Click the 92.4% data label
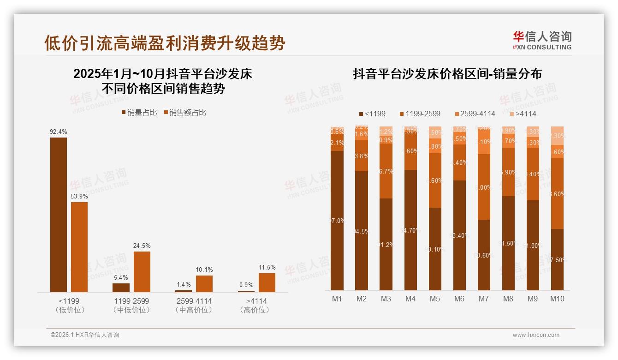click(59, 132)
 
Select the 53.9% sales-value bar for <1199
click(79, 247)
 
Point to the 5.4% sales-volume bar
click(121, 288)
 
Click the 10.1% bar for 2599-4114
click(204, 283)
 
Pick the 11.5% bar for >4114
click(267, 282)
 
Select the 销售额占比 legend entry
click(185, 113)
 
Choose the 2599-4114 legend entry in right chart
click(475, 114)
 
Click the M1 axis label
click(337, 299)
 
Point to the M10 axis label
click(557, 299)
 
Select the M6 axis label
click(459, 299)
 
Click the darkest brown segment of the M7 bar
click(484, 255)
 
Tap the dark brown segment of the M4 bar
click(410, 230)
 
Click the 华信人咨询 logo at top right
click(542, 41)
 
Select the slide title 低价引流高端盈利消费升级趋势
click(165, 43)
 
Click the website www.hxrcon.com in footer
click(536, 335)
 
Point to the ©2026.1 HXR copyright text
click(85, 335)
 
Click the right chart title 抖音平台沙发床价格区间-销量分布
click(447, 74)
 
